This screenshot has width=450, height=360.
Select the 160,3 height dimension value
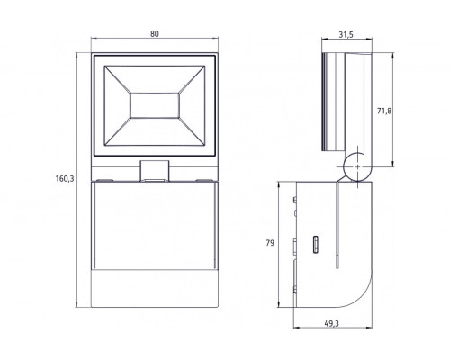(x=62, y=179)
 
